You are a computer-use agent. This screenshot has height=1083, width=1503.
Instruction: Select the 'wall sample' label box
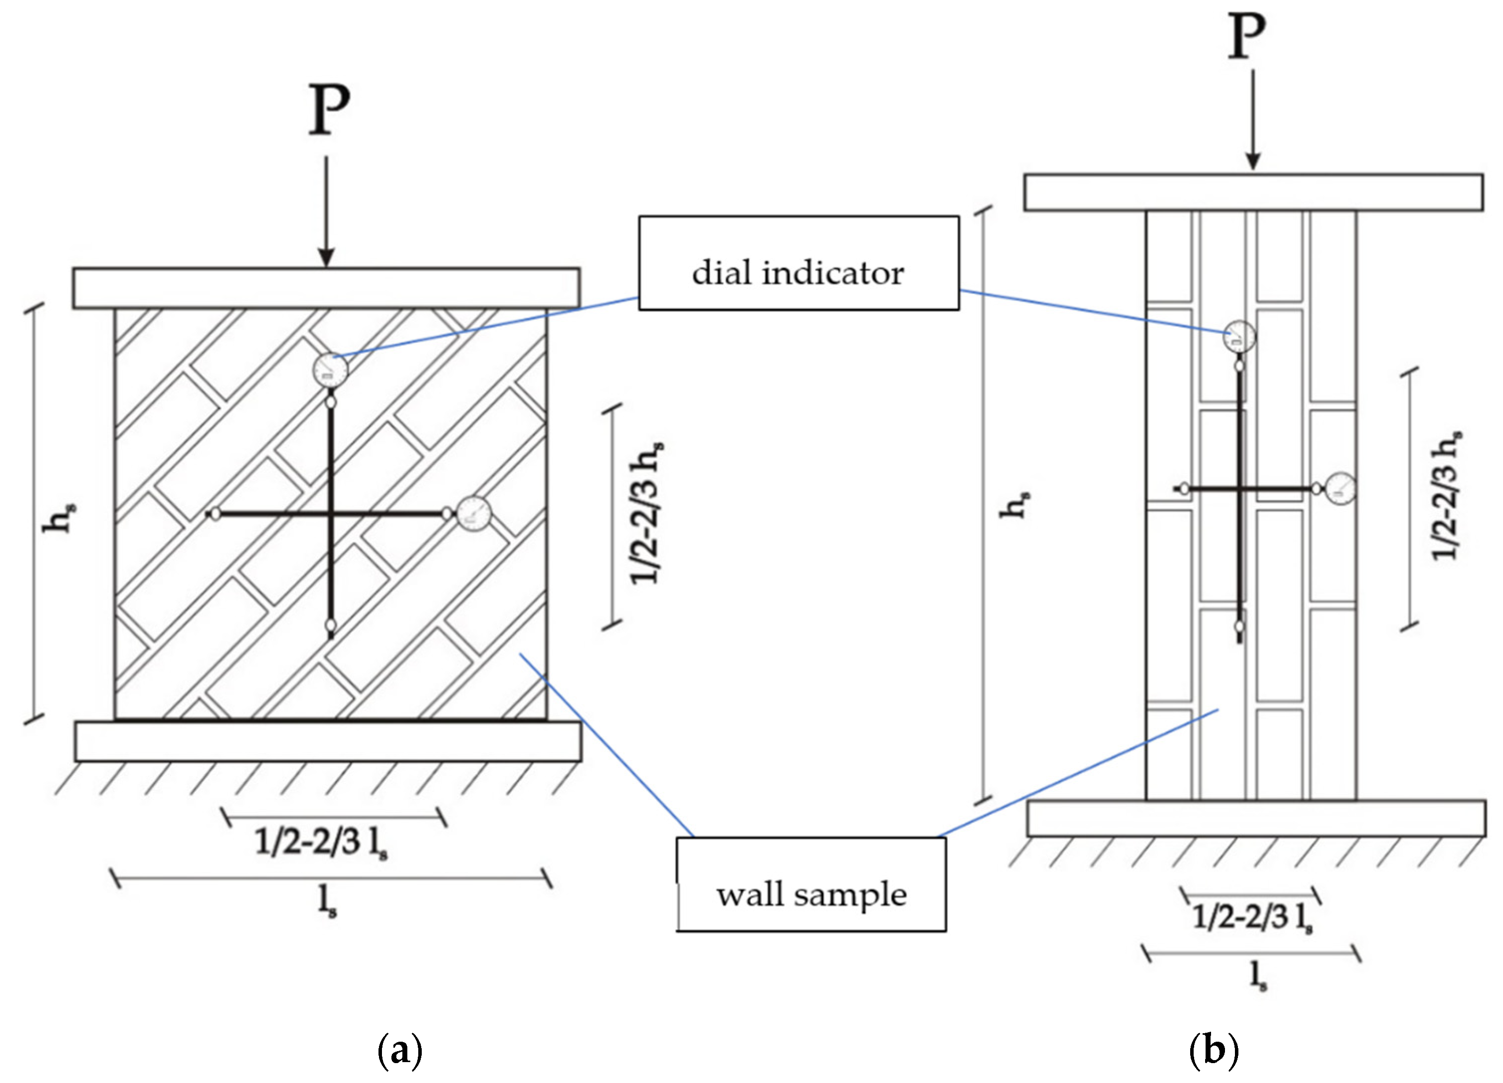coord(811,885)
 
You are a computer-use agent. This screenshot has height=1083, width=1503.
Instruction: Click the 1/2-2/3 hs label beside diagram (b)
coord(1447,496)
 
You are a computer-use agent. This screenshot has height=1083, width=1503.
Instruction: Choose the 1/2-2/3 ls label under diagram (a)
coord(321,843)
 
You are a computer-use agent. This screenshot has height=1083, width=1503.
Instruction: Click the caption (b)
coord(1214,1050)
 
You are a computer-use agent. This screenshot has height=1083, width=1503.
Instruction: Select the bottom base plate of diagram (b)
coord(1256,818)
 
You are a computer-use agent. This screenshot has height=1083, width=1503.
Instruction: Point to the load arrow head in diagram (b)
coord(1252,162)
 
